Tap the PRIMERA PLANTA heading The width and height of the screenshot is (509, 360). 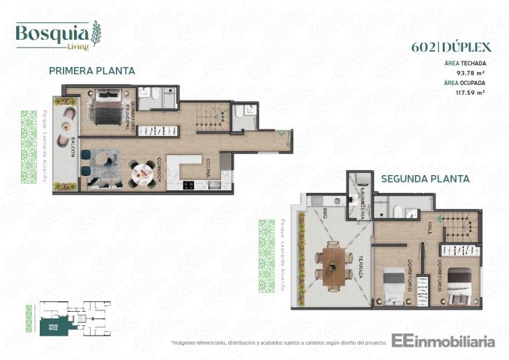point(91,71)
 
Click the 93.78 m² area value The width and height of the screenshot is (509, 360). point(470,72)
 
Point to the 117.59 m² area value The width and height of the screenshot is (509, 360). point(470,91)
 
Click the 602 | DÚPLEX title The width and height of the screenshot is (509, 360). point(452,47)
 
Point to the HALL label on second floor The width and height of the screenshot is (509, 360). point(430,228)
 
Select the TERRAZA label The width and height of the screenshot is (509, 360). point(360,266)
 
